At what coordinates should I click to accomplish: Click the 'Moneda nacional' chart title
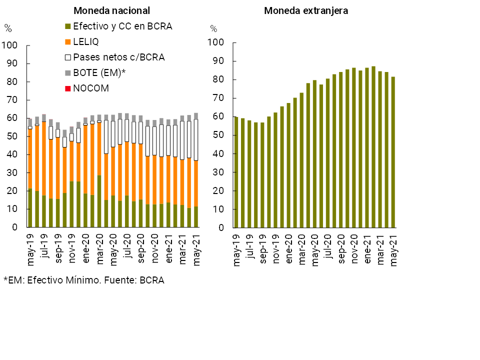(x=111, y=10)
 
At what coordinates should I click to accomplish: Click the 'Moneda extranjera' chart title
(x=306, y=10)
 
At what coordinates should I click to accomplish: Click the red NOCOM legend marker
(x=68, y=88)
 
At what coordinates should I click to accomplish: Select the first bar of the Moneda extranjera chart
(x=236, y=172)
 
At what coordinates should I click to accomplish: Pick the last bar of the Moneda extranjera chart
(x=393, y=152)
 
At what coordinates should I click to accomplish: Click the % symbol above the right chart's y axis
(x=213, y=28)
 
